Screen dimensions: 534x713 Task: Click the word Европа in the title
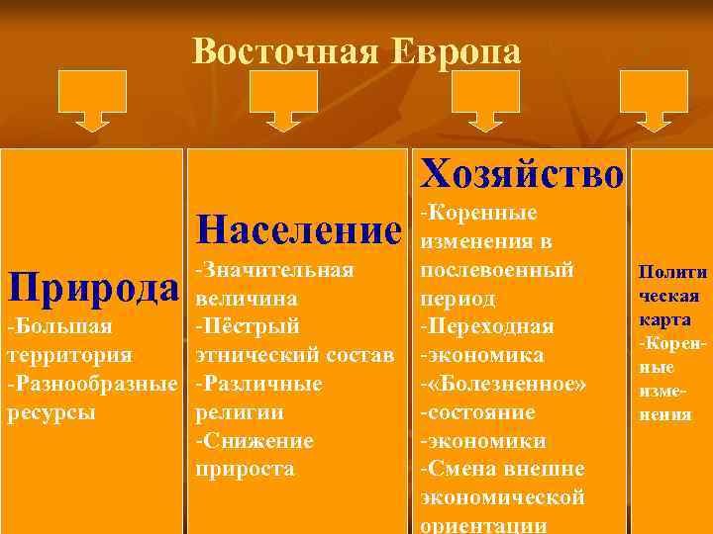[456, 50]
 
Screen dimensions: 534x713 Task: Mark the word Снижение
[259, 440]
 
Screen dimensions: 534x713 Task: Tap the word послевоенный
[497, 269]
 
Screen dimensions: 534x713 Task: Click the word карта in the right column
[667, 319]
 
